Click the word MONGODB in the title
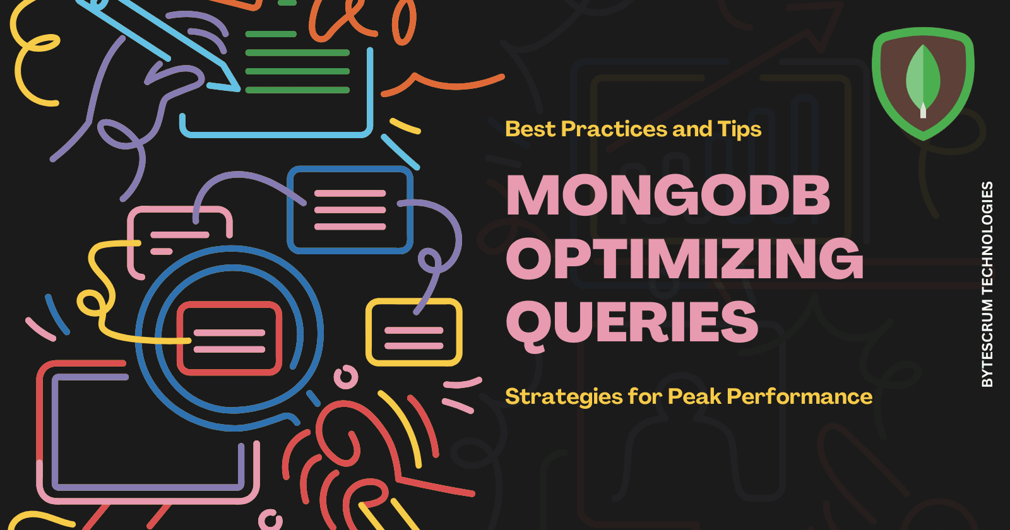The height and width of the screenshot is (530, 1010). pyautogui.click(x=668, y=196)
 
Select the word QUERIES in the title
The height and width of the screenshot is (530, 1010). pyautogui.click(x=632, y=322)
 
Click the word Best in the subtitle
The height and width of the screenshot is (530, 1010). pyautogui.click(x=530, y=129)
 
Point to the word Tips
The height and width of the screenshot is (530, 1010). pyautogui.click(x=739, y=129)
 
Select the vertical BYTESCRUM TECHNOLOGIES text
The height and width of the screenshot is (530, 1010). pyautogui.click(x=987, y=284)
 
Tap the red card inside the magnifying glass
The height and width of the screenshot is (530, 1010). pyautogui.click(x=229, y=339)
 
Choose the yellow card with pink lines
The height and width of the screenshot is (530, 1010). pyautogui.click(x=414, y=333)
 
